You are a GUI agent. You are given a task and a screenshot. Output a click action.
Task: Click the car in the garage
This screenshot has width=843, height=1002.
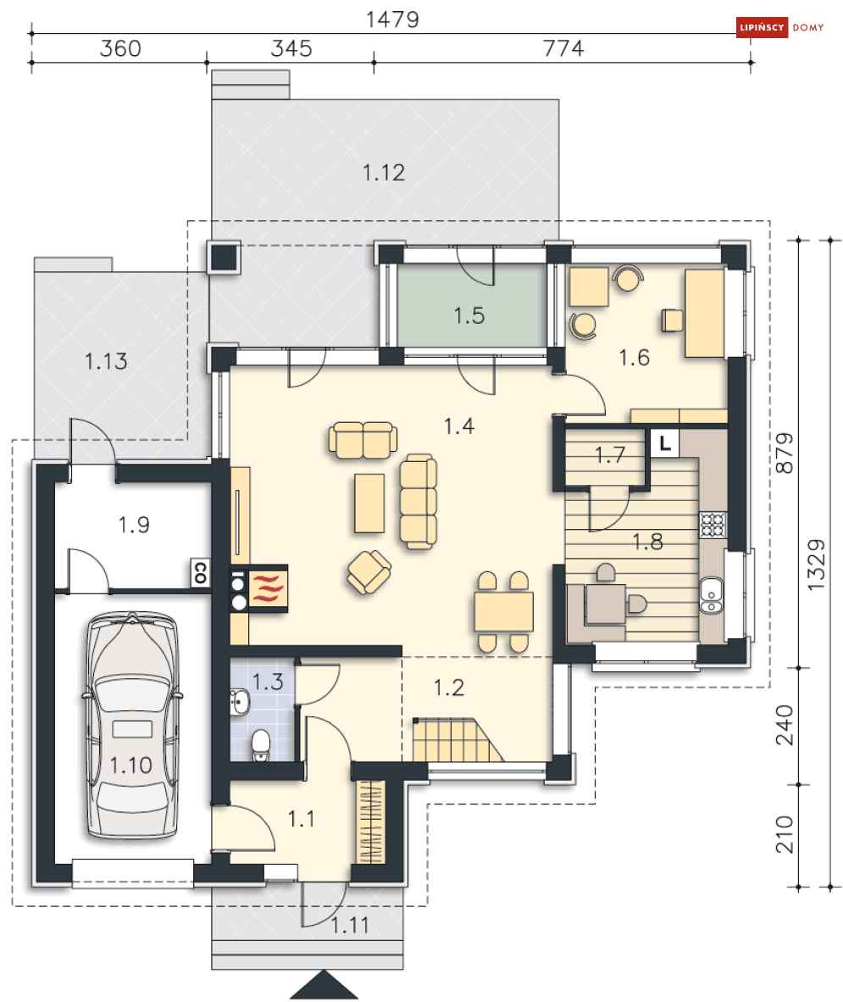coord(132,726)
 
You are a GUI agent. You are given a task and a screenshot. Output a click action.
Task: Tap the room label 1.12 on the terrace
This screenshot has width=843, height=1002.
coord(384,173)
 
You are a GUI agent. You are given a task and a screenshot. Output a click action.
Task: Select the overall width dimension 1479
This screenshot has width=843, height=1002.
coord(392,19)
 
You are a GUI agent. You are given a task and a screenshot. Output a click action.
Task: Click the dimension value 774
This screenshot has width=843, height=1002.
coord(563,48)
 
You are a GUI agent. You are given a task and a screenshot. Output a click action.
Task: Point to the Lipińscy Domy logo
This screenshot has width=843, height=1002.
coord(779,27)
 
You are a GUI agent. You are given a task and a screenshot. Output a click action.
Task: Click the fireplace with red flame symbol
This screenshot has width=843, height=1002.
coord(268,588)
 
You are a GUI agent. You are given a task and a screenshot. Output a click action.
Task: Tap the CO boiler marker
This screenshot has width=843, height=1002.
coord(200,572)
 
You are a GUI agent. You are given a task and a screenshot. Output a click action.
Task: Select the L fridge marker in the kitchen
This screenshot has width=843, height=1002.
coord(665,443)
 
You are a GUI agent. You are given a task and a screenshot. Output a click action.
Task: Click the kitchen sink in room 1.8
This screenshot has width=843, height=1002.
coord(712,595)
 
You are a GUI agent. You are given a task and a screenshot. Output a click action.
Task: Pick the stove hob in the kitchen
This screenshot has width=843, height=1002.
coord(713,525)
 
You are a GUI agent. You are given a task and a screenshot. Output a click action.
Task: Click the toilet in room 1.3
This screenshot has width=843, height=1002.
coord(261,745)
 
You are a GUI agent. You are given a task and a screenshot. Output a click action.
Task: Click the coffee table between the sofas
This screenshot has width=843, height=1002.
coord(369,503)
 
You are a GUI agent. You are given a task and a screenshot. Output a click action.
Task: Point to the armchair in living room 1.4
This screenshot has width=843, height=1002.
coord(369,572)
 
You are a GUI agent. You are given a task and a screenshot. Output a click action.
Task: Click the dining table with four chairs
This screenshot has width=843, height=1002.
coord(503,612)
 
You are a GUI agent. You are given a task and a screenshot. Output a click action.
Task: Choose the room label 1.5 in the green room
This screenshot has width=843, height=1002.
coord(469,315)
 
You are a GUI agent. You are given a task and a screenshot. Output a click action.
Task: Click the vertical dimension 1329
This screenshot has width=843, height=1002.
coord(816,565)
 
